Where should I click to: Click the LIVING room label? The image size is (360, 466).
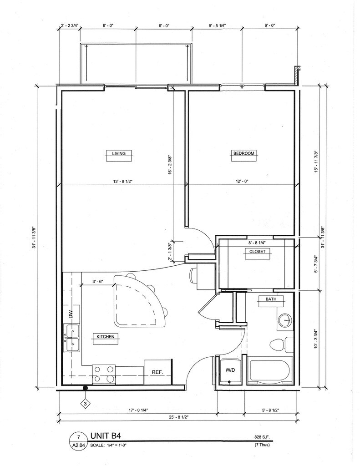tap(119, 154)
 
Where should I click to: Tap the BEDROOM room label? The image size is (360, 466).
tap(244, 153)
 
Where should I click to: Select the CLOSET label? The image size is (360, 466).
tap(258, 251)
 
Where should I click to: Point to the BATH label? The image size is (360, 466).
tap(271, 299)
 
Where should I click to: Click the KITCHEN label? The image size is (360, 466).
tap(105, 337)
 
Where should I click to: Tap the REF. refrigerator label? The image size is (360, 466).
tap(157, 372)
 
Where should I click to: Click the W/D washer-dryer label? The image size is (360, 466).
tap(230, 370)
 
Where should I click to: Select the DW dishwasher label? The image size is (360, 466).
tap(71, 314)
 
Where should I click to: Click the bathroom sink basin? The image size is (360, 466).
tap(286, 320)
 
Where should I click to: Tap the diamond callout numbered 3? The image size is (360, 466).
tap(85, 404)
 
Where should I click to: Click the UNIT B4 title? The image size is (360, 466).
tap(106, 436)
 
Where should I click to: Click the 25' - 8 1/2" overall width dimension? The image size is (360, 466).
tap(179, 417)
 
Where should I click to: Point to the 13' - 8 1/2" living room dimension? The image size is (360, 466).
tap(123, 181)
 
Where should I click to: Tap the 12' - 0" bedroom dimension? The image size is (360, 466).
tap(241, 181)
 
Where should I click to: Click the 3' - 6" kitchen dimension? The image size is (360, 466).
tap(97, 281)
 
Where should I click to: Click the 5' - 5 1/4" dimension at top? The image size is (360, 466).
tap(217, 25)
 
